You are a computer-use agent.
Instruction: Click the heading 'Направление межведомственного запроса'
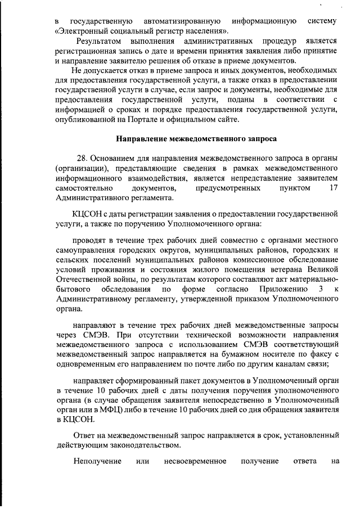(x=196, y=138)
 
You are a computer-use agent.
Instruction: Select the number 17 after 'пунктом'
(x=332, y=188)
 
